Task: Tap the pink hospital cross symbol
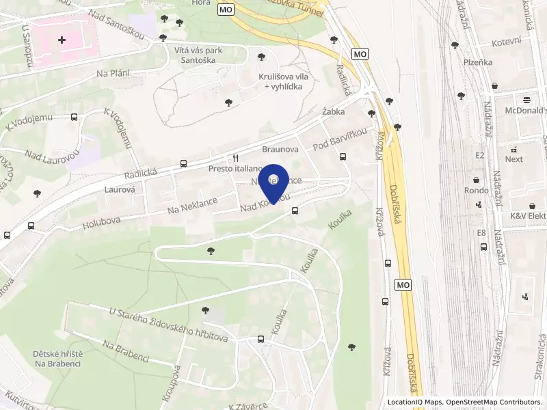point(62,40)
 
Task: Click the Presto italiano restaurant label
point(235,168)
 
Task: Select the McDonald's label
point(526,110)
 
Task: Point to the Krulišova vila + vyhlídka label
point(283,82)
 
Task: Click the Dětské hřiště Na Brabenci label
point(57,358)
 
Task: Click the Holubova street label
point(101,220)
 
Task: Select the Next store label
point(514,159)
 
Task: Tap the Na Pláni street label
point(113,73)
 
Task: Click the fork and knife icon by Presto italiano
point(235,156)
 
